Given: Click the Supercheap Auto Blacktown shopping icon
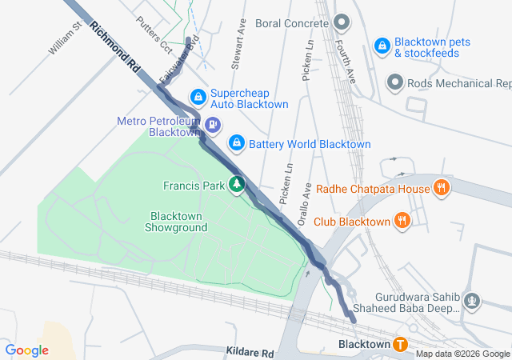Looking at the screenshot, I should (x=197, y=98).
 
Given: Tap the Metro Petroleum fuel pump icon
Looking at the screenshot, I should (x=213, y=125).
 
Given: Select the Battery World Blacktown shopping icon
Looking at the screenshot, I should (x=236, y=143).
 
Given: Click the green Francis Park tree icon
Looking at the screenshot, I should (x=236, y=186).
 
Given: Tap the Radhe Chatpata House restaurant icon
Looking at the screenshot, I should (x=440, y=189).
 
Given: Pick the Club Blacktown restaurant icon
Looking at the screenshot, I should (x=402, y=221).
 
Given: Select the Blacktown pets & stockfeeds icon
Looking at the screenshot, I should (x=382, y=47).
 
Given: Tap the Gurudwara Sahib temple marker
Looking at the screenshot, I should (x=473, y=302).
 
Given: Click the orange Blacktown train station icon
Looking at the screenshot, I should (x=401, y=344).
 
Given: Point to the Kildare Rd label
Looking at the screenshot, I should (x=250, y=353).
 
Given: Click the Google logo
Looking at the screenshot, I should (x=26, y=350).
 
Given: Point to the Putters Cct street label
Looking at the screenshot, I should (x=154, y=34).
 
